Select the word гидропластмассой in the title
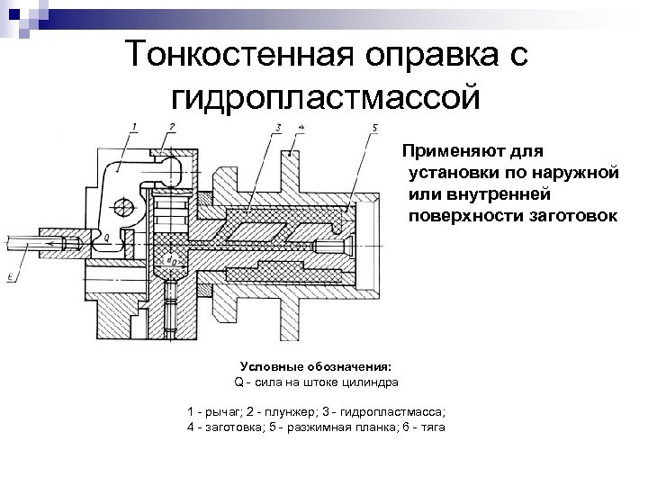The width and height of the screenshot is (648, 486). tap(325, 94)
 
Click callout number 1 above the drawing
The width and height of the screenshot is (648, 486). tap(134, 127)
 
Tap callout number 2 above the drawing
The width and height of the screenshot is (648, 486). tap(171, 126)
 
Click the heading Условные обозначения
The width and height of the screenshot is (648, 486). tap(316, 367)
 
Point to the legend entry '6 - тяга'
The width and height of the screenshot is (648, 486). tap(424, 426)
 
